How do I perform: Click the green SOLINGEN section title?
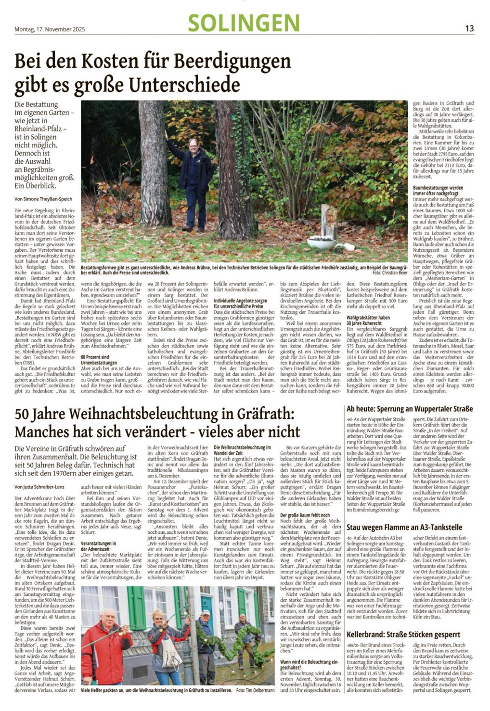(x=244, y=23)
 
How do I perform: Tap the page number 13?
(x=469, y=28)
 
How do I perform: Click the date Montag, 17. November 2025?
(x=50, y=29)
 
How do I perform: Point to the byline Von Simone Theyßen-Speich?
(x=43, y=198)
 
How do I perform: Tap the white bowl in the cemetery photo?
(x=321, y=242)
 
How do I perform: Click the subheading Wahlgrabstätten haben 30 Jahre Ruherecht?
(x=368, y=321)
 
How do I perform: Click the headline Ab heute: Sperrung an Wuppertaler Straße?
(x=410, y=409)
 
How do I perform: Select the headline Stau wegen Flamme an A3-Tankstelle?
(x=404, y=527)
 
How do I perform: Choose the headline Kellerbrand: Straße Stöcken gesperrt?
(x=403, y=634)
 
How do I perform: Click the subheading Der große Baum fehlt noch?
(x=305, y=516)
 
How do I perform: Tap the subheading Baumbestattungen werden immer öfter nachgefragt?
(x=438, y=191)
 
